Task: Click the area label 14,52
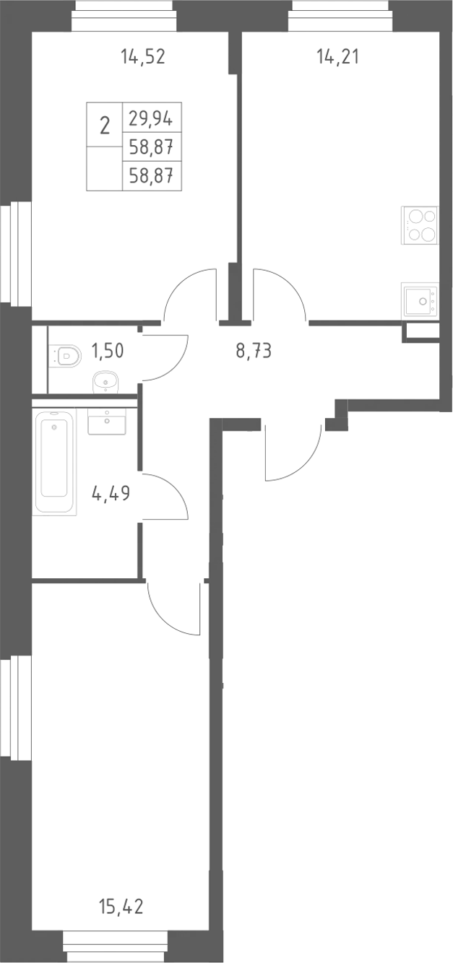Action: pos(143,57)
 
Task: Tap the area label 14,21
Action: pos(337,57)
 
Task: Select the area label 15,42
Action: pos(121,907)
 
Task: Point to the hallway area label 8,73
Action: pos(254,352)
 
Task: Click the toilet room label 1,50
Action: pos(108,351)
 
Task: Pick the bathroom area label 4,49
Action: pos(111,493)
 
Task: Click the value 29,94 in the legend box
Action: pos(151,118)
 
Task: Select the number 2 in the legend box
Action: pos(105,126)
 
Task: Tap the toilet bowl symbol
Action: pos(64,356)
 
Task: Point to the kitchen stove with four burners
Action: pos(420,225)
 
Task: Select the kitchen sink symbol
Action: pos(420,301)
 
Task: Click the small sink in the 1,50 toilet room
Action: pos(105,382)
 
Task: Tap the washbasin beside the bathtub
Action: pos(107,422)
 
